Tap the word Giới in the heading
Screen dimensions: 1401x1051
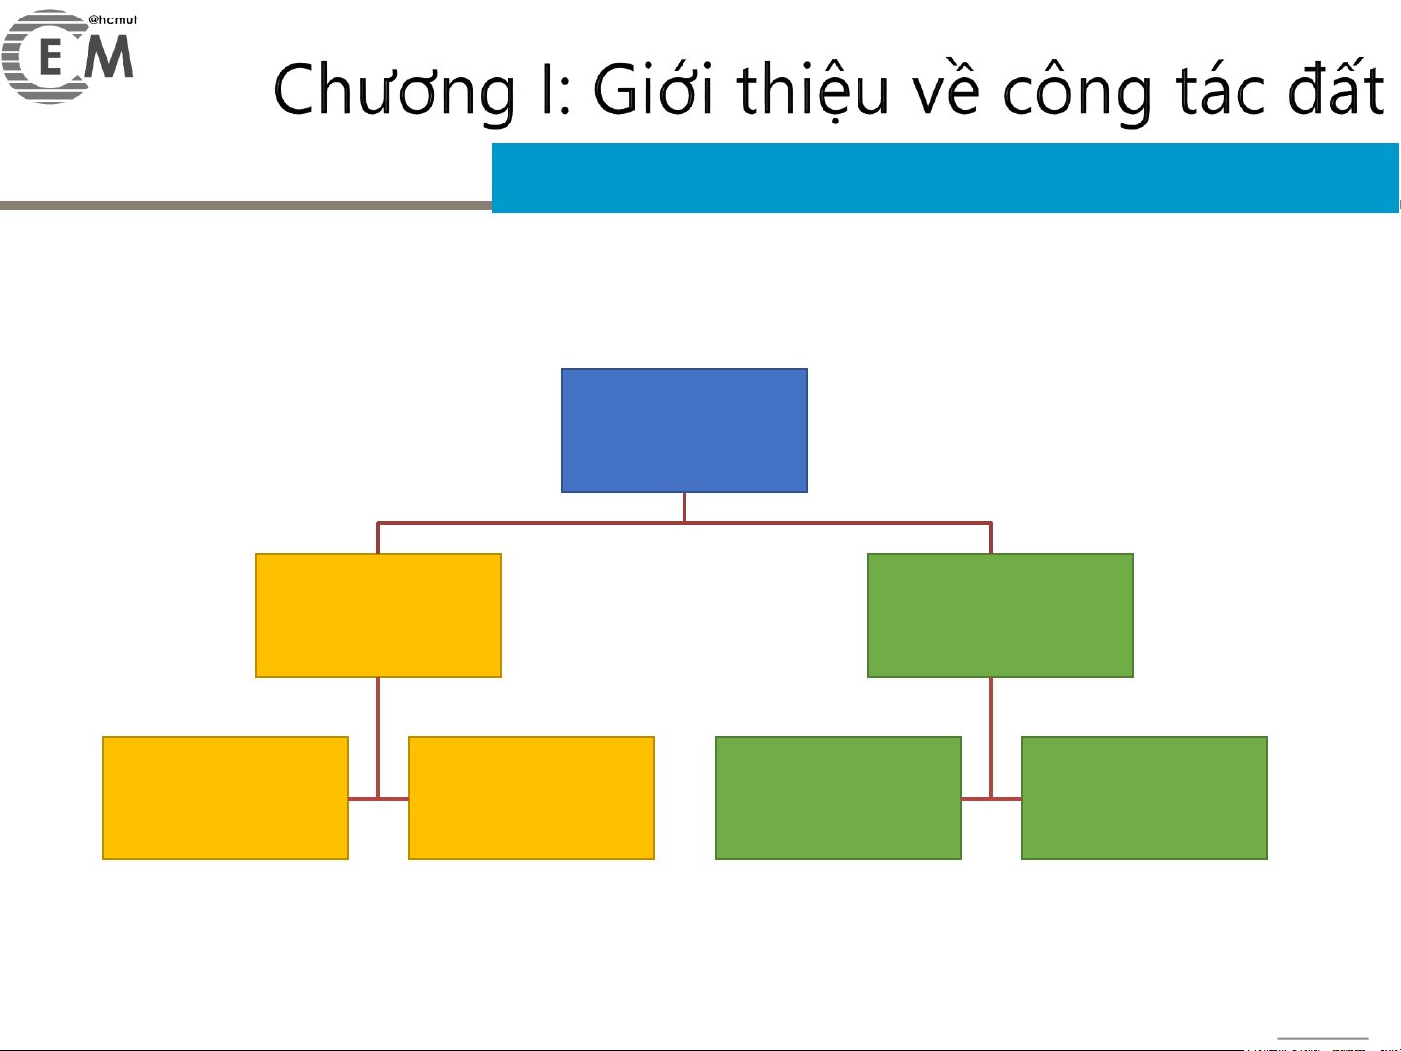pyautogui.click(x=652, y=88)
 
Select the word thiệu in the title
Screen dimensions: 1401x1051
pyautogui.click(x=813, y=89)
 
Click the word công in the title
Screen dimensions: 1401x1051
pyautogui.click(x=1077, y=92)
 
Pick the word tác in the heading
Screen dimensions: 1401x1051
pyautogui.click(x=1220, y=90)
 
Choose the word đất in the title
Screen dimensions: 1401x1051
pyautogui.click(x=1336, y=87)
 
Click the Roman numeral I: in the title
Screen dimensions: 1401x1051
pyautogui.click(x=555, y=90)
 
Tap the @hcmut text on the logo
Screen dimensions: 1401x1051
pyautogui.click(x=113, y=19)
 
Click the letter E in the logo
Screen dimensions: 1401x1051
pyautogui.click(x=51, y=57)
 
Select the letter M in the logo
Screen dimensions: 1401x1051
pyautogui.click(x=109, y=56)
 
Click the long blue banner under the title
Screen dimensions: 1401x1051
pyautogui.click(x=945, y=177)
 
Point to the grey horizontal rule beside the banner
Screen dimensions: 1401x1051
pyautogui.click(x=246, y=205)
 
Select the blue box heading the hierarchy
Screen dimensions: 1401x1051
pyautogui.click(x=684, y=431)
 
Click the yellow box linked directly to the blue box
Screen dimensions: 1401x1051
pyautogui.click(x=378, y=615)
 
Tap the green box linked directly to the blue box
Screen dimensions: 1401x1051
pyautogui.click(x=1000, y=615)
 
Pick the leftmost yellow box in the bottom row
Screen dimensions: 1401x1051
pyautogui.click(x=226, y=798)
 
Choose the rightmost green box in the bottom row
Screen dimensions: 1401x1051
pyautogui.click(x=1143, y=798)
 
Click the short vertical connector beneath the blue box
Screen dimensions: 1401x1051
pyautogui.click(x=684, y=508)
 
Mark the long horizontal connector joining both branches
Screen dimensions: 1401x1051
pyautogui.click(x=684, y=523)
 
